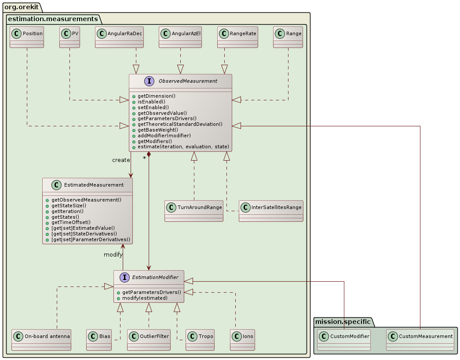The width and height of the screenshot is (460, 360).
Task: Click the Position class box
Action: coord(27,37)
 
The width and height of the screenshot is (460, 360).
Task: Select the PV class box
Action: coord(69,37)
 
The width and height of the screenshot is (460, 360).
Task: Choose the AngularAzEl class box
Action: coord(180,37)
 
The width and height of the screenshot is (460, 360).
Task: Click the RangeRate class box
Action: coord(237,37)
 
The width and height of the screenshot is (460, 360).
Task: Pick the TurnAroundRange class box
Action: coord(194,211)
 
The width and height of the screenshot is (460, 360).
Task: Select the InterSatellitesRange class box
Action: coord(271,211)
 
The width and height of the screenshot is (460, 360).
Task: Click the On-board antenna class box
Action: coord(41,340)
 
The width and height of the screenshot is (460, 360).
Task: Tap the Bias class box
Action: coord(99,340)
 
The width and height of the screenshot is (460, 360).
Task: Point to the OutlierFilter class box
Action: coord(149,340)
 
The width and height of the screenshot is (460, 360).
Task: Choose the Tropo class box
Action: coord(200,340)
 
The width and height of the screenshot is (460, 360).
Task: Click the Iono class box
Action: coord(242,340)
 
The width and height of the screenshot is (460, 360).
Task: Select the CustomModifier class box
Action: coord(343,340)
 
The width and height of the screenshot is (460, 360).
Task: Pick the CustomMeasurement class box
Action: coord(420,340)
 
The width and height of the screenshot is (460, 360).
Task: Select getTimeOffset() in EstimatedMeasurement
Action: coord(71,222)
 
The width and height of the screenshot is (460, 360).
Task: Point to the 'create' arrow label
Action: coord(121,160)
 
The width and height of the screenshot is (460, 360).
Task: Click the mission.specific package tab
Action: coord(343,322)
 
